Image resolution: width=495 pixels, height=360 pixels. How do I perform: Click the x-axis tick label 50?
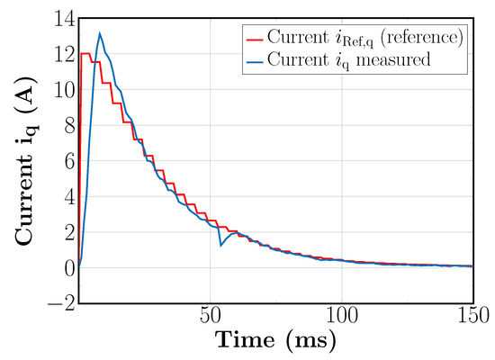click(211, 317)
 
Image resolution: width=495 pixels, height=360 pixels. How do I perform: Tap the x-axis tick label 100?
click(342, 317)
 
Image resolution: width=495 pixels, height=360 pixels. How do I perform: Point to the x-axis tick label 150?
click(472, 317)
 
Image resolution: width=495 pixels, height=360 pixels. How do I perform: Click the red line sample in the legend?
click(254, 38)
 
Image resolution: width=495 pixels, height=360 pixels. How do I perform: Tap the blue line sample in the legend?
click(254, 59)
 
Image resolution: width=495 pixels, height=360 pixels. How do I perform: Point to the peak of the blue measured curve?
click(99, 34)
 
